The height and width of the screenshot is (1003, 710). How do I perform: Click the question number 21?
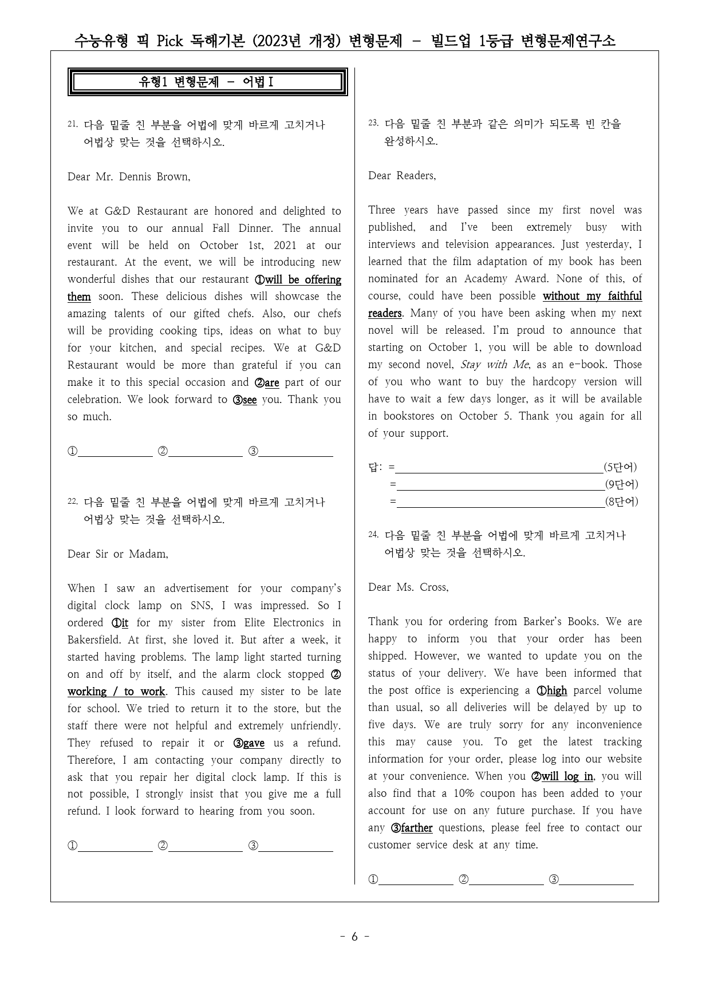coord(72,124)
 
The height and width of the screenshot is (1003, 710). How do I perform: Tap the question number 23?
coord(373,123)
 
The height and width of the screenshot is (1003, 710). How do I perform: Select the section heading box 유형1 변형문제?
coord(207,82)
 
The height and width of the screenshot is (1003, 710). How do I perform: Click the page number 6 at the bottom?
coord(354,937)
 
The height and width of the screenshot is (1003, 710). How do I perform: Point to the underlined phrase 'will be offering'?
coord(303,279)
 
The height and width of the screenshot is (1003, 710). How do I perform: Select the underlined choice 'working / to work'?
coord(116,692)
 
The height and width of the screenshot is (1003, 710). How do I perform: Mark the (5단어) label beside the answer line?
coord(620,467)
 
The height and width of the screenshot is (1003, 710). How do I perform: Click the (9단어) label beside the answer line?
coord(621,484)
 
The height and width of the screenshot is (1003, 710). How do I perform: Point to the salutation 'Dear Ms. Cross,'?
coord(408,587)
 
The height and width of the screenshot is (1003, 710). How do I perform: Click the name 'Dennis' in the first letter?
coord(137,176)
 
